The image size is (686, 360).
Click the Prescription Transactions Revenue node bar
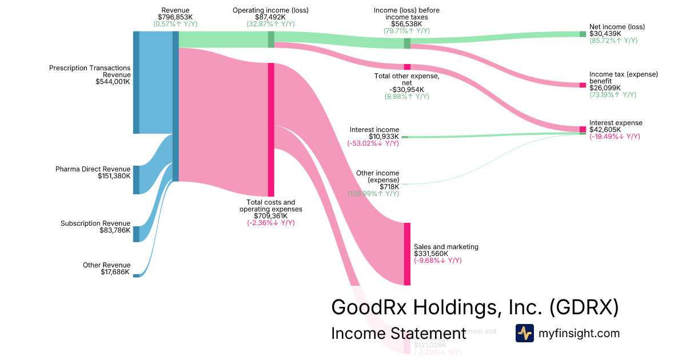[136, 82]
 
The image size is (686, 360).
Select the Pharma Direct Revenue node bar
[136, 179]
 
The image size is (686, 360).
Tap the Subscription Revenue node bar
[136, 234]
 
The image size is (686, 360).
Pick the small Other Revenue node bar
[136, 275]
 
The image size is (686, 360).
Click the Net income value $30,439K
[605, 34]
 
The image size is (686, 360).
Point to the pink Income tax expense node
[583, 85]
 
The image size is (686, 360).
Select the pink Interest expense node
[583, 129]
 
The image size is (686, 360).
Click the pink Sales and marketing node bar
[407, 254]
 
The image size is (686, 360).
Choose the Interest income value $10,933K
[384, 137]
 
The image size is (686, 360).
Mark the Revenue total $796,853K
[176, 17]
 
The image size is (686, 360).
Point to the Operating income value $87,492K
[270, 17]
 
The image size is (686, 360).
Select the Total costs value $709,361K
[270, 216]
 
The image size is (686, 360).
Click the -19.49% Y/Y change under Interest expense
[615, 137]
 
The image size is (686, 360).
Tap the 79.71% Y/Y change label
[406, 31]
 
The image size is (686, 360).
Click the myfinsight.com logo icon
[524, 333]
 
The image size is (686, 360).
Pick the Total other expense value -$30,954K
[406, 90]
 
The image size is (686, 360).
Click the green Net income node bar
[583, 34]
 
